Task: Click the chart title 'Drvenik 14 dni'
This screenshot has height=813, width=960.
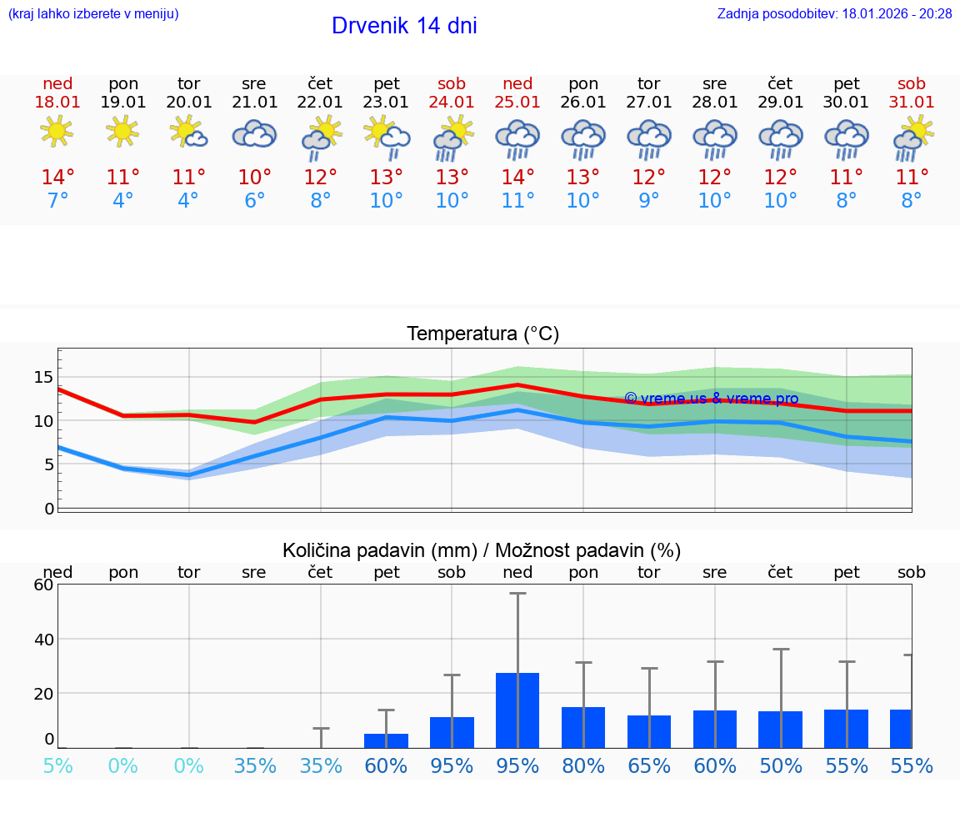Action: point(404,26)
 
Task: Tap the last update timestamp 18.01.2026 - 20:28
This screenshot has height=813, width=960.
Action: point(834,14)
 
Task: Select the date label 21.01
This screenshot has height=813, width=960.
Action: point(254,103)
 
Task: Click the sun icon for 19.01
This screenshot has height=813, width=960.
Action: point(122,132)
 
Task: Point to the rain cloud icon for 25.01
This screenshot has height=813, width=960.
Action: point(517,138)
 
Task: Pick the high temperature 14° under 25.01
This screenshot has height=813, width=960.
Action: point(517,178)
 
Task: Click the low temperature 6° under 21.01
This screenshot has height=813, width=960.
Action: point(254,201)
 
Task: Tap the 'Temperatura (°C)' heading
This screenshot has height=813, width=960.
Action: point(482,334)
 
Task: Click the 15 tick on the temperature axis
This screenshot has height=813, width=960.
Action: point(43,377)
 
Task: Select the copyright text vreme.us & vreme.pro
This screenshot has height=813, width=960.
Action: point(711,399)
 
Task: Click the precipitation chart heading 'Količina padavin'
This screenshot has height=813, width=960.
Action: point(482,550)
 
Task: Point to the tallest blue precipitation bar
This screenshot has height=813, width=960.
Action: point(517,710)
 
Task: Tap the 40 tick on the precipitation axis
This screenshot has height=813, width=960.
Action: point(43,640)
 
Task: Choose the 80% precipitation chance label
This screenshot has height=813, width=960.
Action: point(583,766)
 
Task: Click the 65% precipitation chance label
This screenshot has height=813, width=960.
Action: point(649,766)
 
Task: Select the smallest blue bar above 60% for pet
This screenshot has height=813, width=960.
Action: point(386,740)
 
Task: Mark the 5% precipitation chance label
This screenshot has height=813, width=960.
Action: point(57,766)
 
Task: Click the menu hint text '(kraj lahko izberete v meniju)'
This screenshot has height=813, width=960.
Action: point(92,14)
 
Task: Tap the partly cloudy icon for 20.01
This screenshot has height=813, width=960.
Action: point(188,132)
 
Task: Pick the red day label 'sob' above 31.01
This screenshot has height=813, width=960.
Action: point(912,84)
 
